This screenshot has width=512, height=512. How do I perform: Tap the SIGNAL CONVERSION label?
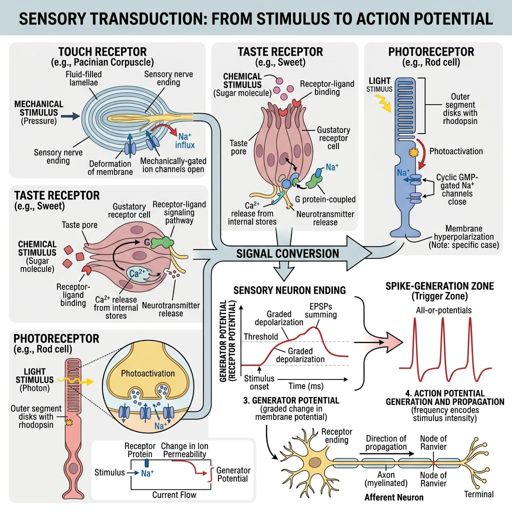(x=287, y=253)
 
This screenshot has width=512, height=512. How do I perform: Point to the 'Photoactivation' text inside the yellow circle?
(x=148, y=373)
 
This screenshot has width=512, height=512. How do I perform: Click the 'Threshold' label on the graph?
(x=260, y=336)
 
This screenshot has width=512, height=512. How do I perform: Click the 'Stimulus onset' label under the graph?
(x=256, y=382)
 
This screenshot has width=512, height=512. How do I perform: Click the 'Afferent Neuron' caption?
(x=394, y=497)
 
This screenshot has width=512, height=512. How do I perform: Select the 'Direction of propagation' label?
(x=386, y=442)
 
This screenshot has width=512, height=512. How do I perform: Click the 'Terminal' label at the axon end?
(x=479, y=494)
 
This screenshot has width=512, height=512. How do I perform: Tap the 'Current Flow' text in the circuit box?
(x=174, y=495)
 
